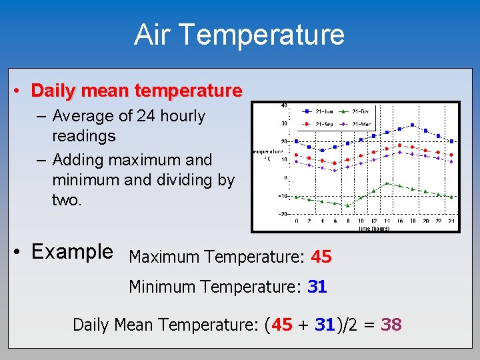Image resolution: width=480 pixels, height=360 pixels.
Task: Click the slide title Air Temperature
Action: point(239,35)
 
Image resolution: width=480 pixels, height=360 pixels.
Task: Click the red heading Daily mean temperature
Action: point(137,90)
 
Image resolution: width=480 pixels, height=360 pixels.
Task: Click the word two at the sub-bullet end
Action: point(66,200)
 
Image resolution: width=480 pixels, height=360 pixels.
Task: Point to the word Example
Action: point(72,252)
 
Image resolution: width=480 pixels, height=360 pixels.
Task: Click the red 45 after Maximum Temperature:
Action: point(321,257)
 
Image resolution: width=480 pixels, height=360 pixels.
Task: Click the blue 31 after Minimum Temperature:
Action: point(317,287)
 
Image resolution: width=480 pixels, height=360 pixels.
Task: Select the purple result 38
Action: point(391,325)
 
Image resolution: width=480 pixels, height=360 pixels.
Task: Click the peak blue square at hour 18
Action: point(413,125)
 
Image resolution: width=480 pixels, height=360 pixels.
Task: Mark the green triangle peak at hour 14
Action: point(387,183)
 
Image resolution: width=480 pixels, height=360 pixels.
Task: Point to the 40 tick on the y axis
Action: point(283,105)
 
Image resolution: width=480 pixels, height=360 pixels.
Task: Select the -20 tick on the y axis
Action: point(282,214)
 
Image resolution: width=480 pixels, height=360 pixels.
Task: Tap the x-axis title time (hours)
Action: point(374,229)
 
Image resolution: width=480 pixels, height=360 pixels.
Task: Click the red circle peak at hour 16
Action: point(399,145)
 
